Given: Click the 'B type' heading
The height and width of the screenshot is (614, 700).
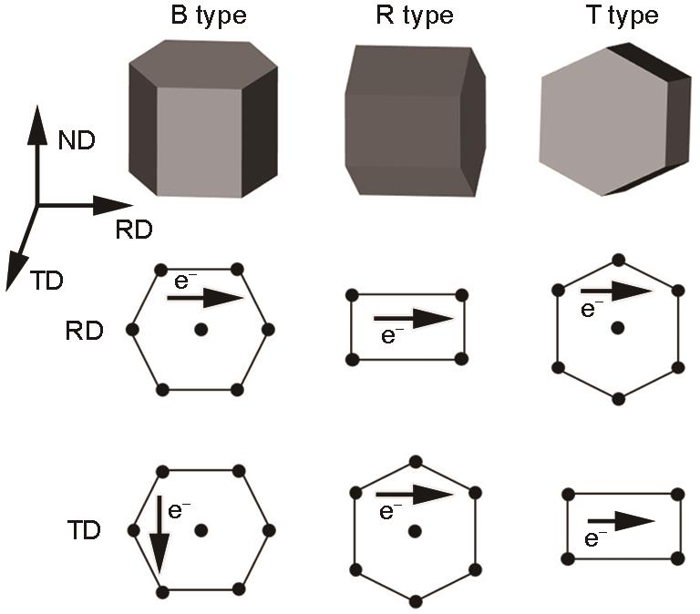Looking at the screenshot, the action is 209,16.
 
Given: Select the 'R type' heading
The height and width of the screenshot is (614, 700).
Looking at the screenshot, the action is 415,16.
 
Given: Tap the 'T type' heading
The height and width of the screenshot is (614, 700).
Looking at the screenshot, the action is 623,16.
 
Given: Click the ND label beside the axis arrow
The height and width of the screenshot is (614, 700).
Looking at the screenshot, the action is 77,140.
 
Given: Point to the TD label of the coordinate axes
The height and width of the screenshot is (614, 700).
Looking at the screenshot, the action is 46,281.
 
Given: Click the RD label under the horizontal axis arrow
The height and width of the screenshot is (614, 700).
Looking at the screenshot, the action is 134,230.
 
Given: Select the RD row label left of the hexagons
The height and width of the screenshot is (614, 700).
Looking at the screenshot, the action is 85,331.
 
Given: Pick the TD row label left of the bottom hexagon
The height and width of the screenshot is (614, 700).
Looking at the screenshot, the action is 85,530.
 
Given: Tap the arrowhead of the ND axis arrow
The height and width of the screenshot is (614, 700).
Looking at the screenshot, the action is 37,125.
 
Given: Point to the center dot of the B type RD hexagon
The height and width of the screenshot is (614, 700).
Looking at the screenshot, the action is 201,330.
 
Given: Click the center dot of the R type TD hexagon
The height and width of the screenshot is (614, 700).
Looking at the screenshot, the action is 416,531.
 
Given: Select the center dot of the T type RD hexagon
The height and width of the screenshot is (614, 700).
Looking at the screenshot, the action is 618,329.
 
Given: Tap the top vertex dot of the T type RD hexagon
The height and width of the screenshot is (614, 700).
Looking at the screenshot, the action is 618,261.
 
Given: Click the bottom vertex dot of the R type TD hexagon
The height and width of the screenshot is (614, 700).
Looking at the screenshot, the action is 416,601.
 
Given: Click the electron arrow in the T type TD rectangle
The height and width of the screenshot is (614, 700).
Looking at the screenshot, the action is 622,521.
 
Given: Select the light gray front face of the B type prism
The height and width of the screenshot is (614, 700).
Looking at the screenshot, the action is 200,142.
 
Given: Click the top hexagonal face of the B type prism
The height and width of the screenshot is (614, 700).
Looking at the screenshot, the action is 203,64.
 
